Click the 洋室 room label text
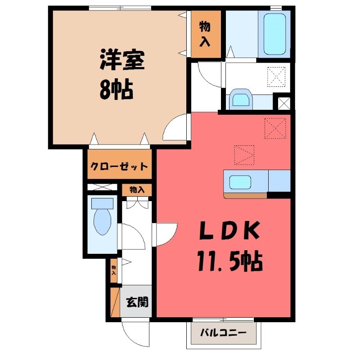[121, 61]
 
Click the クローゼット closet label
[119, 166]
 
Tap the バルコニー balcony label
[223, 333]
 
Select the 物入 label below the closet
[137, 190]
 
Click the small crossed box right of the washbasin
[284, 103]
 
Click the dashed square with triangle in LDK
[244, 155]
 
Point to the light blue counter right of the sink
[279, 181]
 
